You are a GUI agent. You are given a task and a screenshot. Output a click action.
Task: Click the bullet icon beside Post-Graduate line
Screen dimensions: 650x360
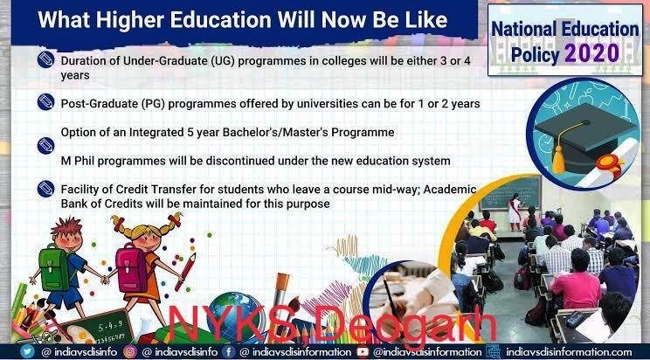coord(45,102)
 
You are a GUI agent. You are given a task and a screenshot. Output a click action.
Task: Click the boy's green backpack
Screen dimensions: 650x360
coord(55,267)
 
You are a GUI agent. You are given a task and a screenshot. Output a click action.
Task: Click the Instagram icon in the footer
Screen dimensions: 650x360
coord(130,352)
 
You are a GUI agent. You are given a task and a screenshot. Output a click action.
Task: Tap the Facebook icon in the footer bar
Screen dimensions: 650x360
coord(228,352)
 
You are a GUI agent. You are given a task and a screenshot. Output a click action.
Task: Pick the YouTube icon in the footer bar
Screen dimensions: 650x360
coord(363,352)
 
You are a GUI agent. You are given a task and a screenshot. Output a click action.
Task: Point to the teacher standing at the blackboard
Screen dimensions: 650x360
coord(515,212)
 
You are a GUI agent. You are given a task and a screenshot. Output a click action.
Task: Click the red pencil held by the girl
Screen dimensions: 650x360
coord(185,272)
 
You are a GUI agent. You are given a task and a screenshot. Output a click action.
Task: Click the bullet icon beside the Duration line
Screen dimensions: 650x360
coord(45,59)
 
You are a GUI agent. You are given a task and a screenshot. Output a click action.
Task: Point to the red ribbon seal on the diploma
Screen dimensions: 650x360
coord(610,164)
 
